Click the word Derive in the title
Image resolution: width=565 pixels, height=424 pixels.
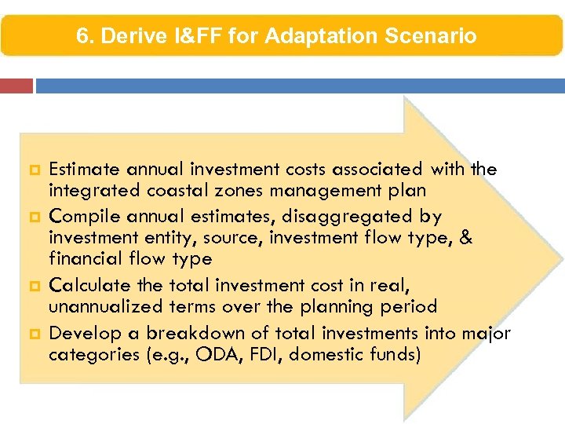(128, 36)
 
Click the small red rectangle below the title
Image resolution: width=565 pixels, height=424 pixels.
(16, 86)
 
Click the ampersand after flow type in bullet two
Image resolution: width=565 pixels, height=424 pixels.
(466, 238)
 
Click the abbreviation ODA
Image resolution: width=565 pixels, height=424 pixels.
(221, 354)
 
